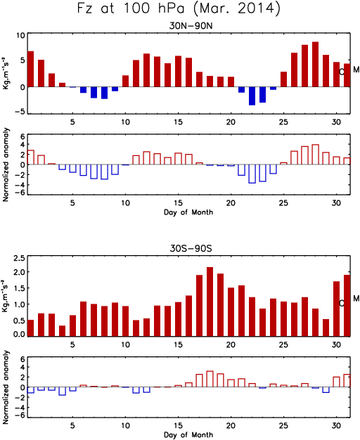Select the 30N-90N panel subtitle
pyautogui.click(x=191, y=26)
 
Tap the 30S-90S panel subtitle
pyautogui.click(x=191, y=248)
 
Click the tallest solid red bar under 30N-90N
pyautogui.click(x=315, y=64)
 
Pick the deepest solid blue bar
pyautogui.click(x=252, y=96)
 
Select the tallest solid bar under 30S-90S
pyautogui.click(x=210, y=302)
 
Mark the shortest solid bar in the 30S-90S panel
pyautogui.click(x=62, y=331)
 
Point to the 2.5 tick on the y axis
pyautogui.click(x=20, y=258)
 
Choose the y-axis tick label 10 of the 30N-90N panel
pyautogui.click(x=20, y=35)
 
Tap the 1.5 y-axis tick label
pyautogui.click(x=20, y=288)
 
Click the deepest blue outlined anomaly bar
pyautogui.click(x=252, y=174)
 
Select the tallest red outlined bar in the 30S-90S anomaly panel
pyautogui.click(x=210, y=379)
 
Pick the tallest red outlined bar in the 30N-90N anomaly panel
pyautogui.click(x=315, y=155)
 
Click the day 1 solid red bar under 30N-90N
pyautogui.click(x=31, y=69)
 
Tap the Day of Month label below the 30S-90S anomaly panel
pyautogui.click(x=188, y=434)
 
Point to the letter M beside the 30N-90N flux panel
pyautogui.click(x=356, y=70)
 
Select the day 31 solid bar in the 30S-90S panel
pyautogui.click(x=347, y=306)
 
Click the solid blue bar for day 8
pyautogui.click(x=104, y=93)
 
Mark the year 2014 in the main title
pyautogui.click(x=255, y=8)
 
